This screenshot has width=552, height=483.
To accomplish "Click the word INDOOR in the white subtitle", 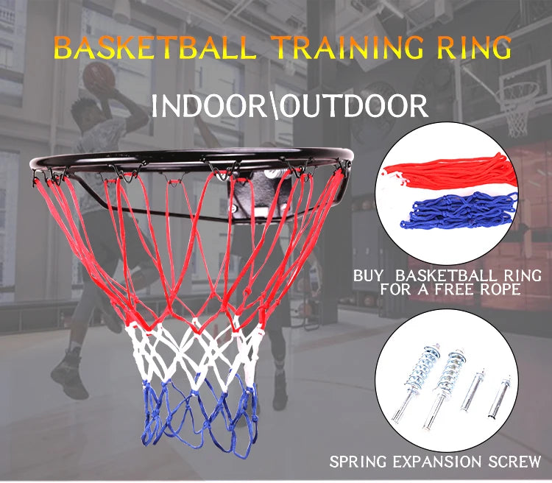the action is click(x=210, y=105).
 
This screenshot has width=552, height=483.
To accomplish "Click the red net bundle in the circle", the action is click(x=449, y=172).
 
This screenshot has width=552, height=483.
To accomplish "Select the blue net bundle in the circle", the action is click(x=459, y=211).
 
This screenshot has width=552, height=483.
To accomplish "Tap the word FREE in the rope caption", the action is click(x=455, y=289).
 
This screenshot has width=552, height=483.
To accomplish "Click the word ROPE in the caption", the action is click(x=500, y=289).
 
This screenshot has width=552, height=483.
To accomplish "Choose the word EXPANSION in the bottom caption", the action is click(x=438, y=462).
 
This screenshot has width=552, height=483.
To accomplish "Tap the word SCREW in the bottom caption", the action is click(x=514, y=462).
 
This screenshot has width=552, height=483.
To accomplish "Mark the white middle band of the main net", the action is click(x=194, y=352).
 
